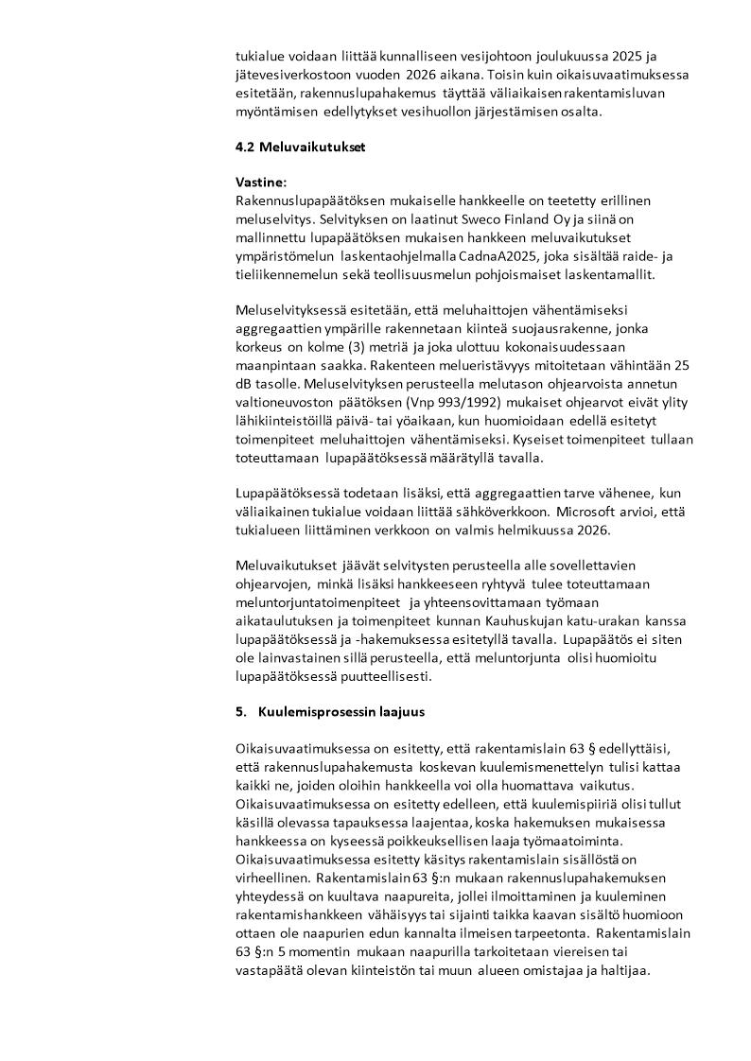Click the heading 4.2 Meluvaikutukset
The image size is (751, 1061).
click(x=300, y=148)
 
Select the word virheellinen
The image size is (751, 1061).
click(x=274, y=877)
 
